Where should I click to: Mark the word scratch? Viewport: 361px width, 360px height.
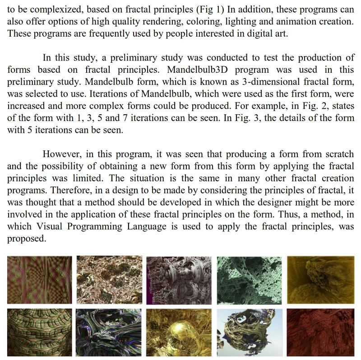(x=338, y=154)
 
